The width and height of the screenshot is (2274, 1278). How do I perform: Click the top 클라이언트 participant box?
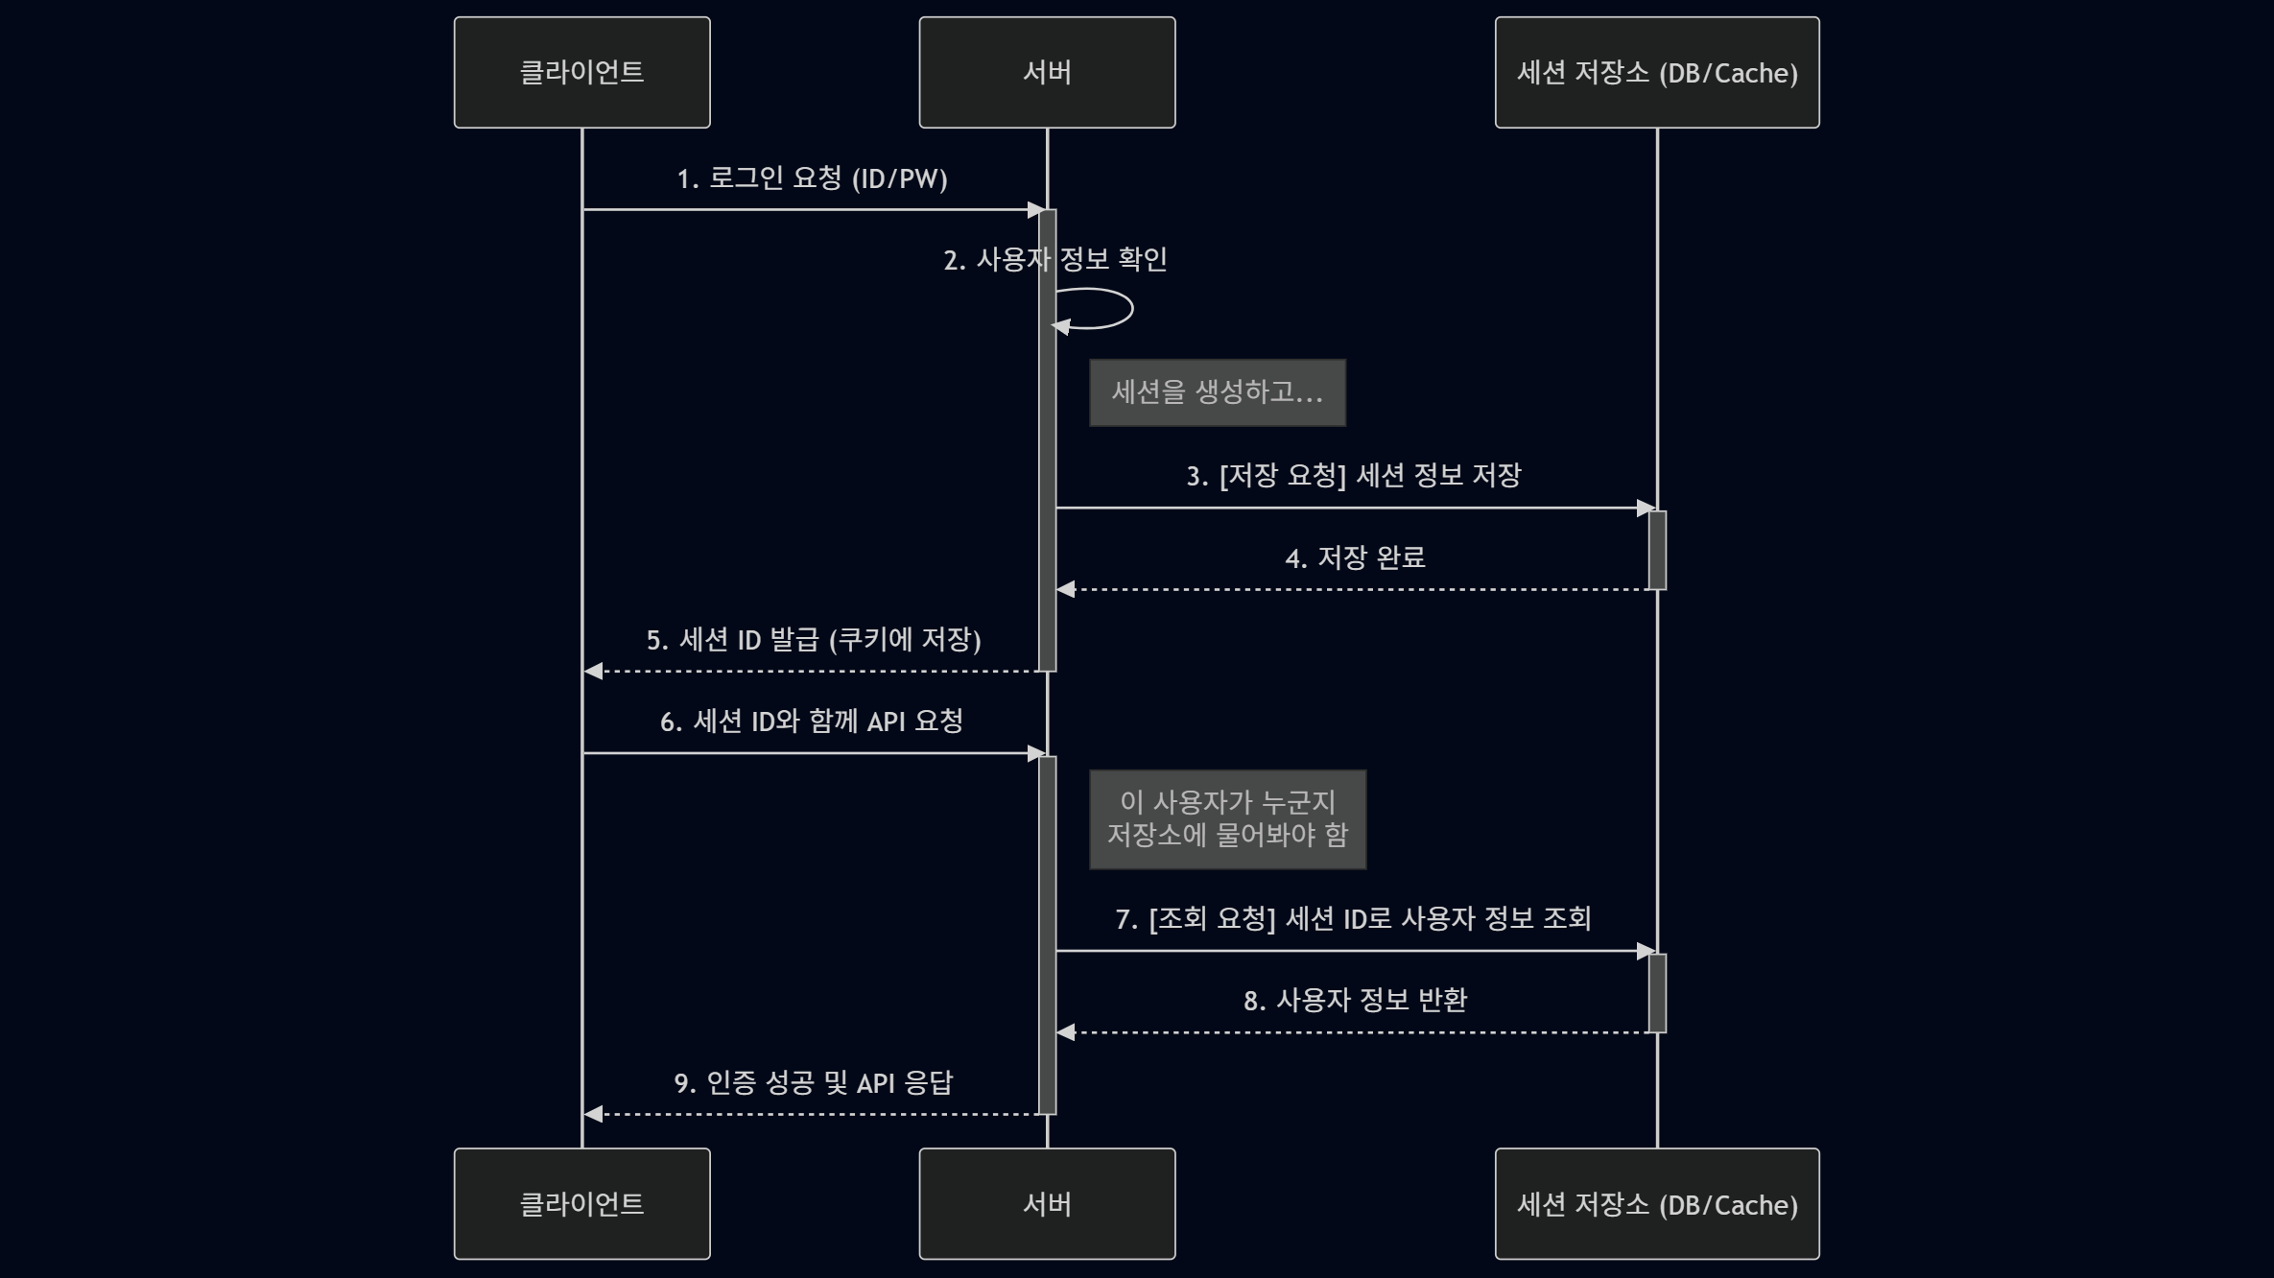581,72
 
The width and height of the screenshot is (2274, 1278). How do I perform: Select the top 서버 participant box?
1047,72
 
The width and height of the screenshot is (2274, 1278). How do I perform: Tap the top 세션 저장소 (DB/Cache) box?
1656,72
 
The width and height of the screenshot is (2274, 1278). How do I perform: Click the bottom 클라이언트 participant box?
581,1203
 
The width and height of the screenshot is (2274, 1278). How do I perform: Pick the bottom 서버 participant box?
1047,1203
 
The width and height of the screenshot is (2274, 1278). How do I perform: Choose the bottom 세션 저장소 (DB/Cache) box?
1656,1203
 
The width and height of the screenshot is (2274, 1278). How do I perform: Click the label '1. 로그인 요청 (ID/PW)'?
812,178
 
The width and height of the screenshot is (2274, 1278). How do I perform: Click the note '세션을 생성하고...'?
1217,392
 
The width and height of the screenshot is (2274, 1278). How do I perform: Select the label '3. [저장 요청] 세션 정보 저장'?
1353,476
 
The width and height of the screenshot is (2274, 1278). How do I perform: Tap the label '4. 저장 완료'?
1355,557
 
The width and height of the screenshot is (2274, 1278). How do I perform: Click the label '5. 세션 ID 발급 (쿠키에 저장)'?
813,640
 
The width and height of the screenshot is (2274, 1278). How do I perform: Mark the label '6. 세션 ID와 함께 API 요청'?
811,722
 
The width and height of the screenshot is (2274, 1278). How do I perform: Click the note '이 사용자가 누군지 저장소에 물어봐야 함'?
1227,819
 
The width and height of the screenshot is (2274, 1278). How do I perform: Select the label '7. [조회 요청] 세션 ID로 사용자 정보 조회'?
1353,919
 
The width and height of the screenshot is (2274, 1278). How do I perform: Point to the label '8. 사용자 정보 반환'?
1355,1001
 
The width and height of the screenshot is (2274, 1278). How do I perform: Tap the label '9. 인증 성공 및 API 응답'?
813,1083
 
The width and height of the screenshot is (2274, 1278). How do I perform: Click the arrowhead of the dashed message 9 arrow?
593,1114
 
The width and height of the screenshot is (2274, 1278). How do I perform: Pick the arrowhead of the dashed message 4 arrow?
1065,589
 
